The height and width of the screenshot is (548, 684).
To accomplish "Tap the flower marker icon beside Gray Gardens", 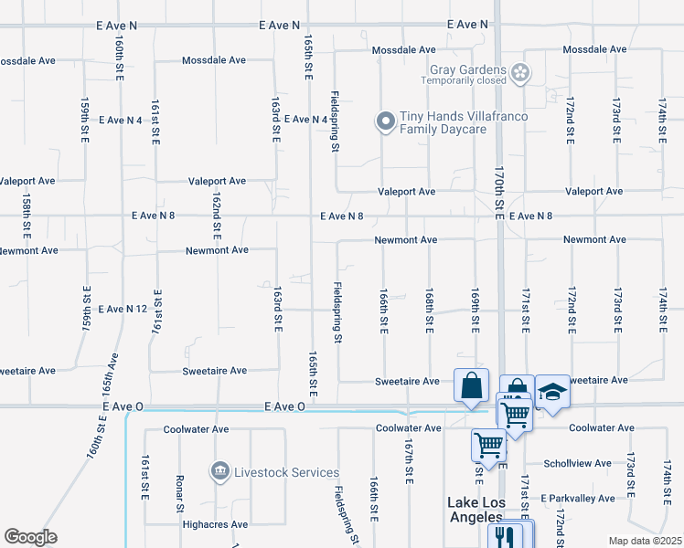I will (x=520, y=72).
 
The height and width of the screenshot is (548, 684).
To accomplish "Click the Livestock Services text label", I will (x=286, y=472).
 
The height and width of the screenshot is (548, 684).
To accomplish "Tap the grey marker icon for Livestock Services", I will (x=219, y=472).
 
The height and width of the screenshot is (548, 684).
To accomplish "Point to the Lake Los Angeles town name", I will (x=475, y=510).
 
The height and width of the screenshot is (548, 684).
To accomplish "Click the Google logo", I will (x=30, y=537).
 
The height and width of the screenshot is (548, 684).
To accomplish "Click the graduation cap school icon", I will (x=552, y=392).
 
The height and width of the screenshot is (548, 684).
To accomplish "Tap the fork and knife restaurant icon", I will (x=502, y=536).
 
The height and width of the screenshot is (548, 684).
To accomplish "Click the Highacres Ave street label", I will (x=215, y=525).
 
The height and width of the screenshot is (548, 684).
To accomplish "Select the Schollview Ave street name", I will (x=577, y=463).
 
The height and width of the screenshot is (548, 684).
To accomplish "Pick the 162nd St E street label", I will (x=217, y=214).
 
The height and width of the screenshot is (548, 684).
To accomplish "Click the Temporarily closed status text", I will (x=464, y=80).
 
